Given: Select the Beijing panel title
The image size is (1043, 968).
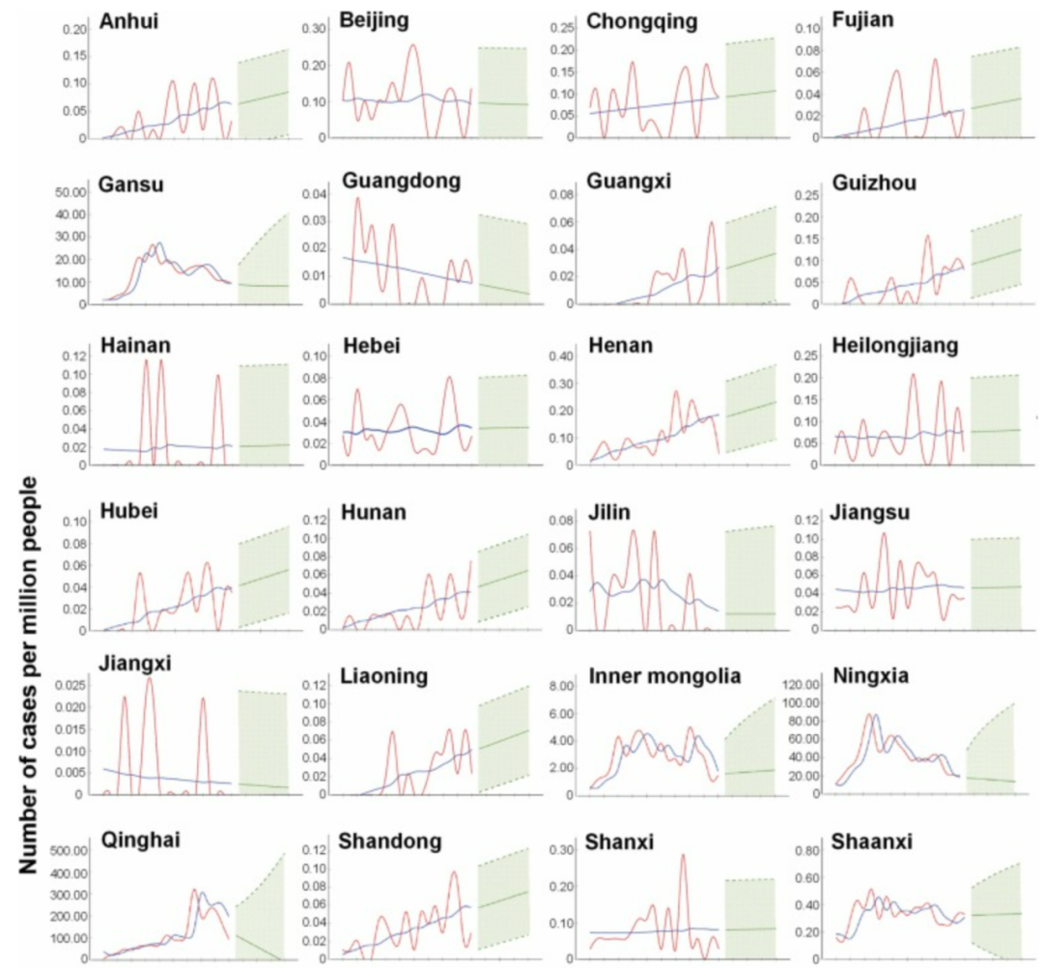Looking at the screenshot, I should [x=373, y=20].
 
